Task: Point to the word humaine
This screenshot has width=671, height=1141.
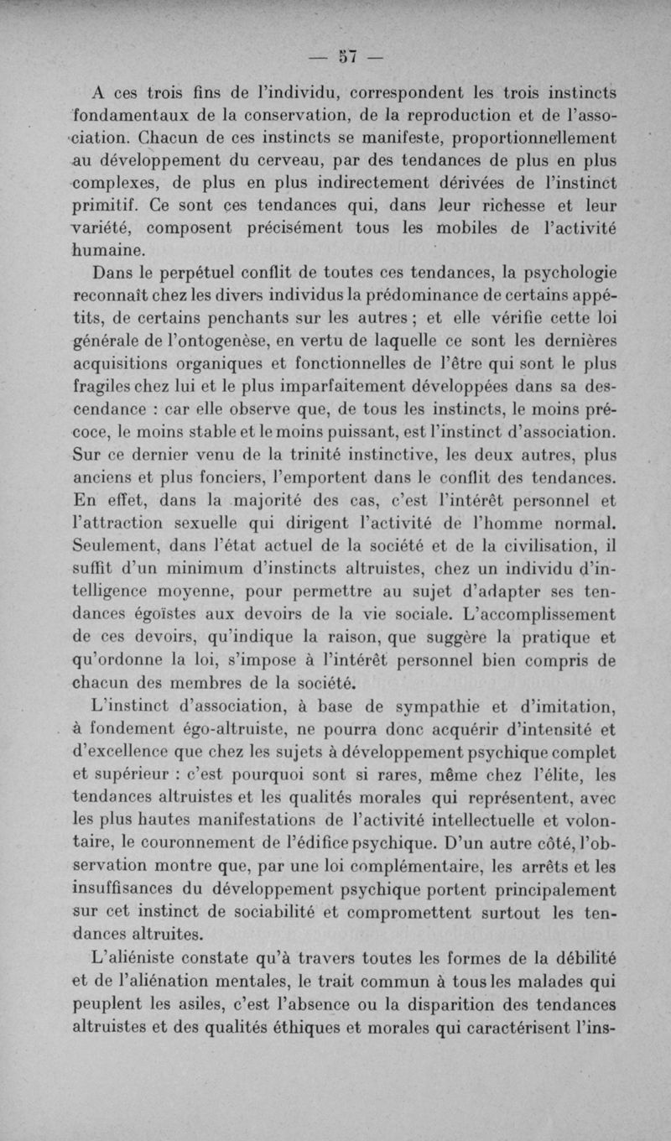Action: (x=110, y=250)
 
